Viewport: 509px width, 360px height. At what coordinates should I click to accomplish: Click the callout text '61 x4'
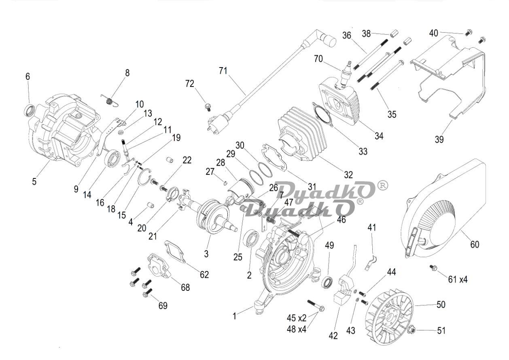pyautogui.click(x=458, y=279)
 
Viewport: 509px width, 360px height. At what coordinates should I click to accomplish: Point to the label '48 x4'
pyautogui.click(x=297, y=329)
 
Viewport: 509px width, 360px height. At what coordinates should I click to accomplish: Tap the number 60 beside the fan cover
pyautogui.click(x=474, y=244)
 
